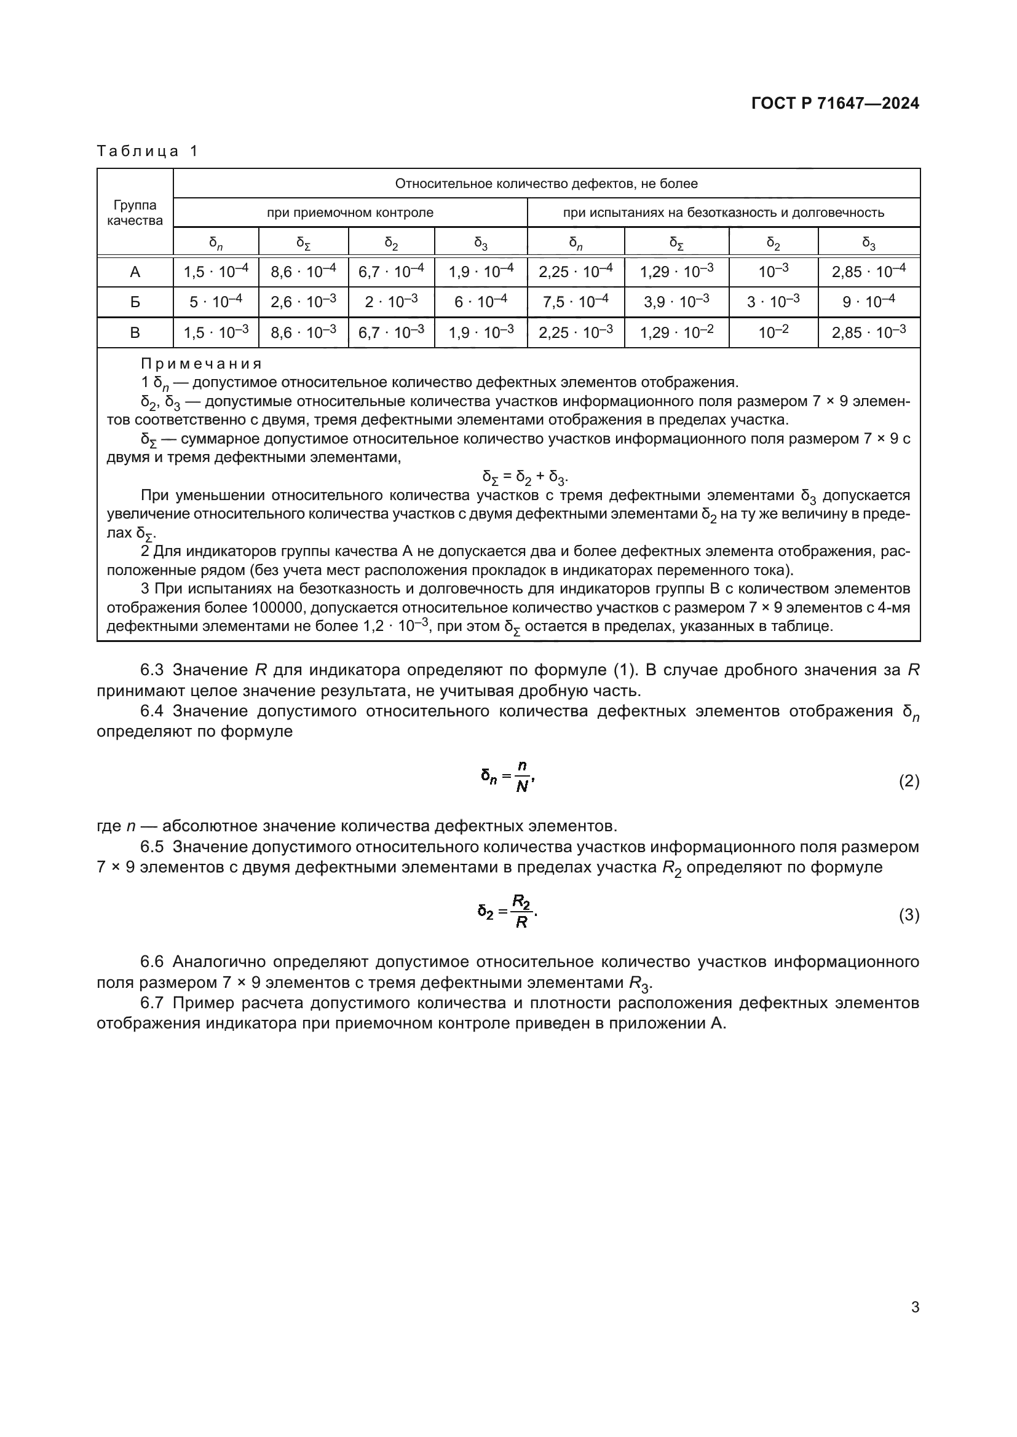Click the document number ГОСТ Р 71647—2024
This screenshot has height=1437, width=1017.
point(835,103)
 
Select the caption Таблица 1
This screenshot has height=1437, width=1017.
point(147,152)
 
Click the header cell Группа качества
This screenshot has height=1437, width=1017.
point(135,213)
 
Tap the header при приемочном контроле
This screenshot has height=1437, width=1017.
point(350,213)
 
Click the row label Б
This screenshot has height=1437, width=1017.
point(135,302)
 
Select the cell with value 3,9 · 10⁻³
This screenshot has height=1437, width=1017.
point(676,302)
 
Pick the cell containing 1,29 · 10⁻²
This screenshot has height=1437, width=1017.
point(676,332)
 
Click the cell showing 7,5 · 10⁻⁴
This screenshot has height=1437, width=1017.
point(576,302)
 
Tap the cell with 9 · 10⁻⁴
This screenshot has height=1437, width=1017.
point(869,302)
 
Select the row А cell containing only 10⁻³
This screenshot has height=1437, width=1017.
point(774,272)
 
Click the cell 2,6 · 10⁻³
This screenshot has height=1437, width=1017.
point(303,302)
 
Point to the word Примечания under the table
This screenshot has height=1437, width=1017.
point(201,364)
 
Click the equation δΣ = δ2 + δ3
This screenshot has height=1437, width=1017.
point(524,477)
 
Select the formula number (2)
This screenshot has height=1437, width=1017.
point(909,781)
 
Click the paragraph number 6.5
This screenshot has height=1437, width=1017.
point(151,847)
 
